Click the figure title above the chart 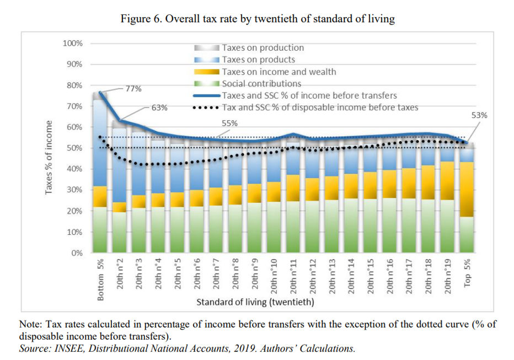[x=258, y=19]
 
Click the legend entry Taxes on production [x=263, y=48]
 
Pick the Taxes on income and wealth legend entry [x=279, y=72]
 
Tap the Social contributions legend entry [x=261, y=84]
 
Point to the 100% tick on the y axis [x=72, y=43]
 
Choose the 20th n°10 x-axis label [x=274, y=277]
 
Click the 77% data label [x=133, y=88]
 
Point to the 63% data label [x=159, y=108]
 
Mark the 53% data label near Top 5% [x=479, y=115]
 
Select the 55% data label [x=229, y=123]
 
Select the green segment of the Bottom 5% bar [x=100, y=229]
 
